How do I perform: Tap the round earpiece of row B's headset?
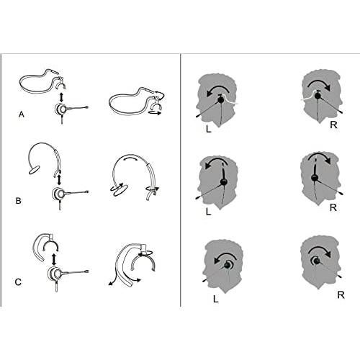click(58, 194)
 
